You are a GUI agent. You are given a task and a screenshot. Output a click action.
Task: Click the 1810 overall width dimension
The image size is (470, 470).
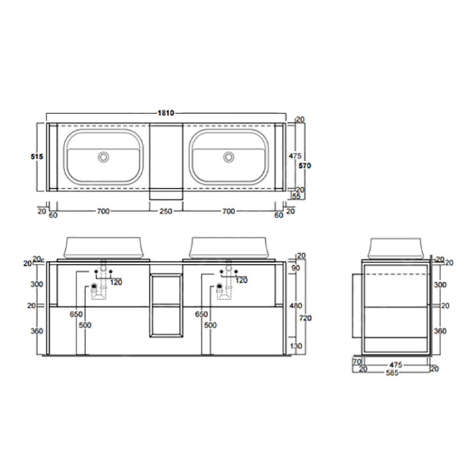(x=166, y=113)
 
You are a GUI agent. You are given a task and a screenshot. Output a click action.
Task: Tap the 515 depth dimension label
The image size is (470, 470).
(x=37, y=156)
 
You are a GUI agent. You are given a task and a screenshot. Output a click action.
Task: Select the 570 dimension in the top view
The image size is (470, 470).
(x=305, y=165)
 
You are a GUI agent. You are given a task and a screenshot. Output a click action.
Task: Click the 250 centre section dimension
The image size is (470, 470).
(x=165, y=211)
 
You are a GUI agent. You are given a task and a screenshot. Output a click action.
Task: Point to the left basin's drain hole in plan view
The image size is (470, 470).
(x=103, y=156)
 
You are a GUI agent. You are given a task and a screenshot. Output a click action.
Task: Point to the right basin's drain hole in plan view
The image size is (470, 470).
(x=229, y=156)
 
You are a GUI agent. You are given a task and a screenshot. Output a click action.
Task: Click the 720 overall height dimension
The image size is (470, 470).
(x=305, y=318)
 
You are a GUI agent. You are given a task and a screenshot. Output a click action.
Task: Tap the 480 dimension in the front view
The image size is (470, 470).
(x=296, y=305)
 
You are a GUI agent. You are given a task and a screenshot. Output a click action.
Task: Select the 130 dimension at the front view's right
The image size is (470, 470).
(x=296, y=346)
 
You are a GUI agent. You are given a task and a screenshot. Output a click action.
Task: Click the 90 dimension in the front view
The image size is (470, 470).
(x=295, y=268)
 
